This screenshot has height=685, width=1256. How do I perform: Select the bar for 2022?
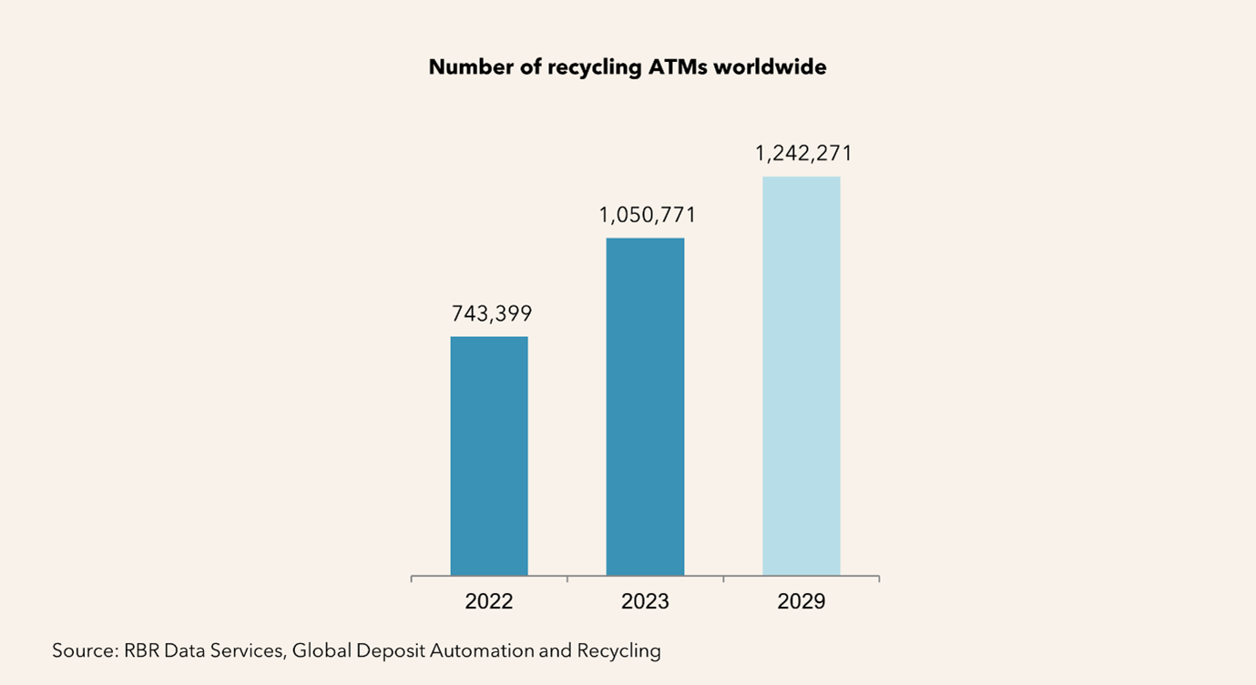[489, 455]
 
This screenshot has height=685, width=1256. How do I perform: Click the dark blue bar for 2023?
[645, 406]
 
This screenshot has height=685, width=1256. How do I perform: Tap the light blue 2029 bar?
[801, 375]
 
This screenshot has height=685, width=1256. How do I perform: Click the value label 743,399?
[491, 314]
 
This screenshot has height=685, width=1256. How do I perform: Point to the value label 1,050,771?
[647, 215]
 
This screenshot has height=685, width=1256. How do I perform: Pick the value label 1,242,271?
[803, 153]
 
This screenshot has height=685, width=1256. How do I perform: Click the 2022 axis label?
[489, 602]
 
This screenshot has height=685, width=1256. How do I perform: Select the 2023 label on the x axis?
[645, 602]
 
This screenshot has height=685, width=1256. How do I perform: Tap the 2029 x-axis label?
[802, 602]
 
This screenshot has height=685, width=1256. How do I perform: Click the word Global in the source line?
[322, 650]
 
